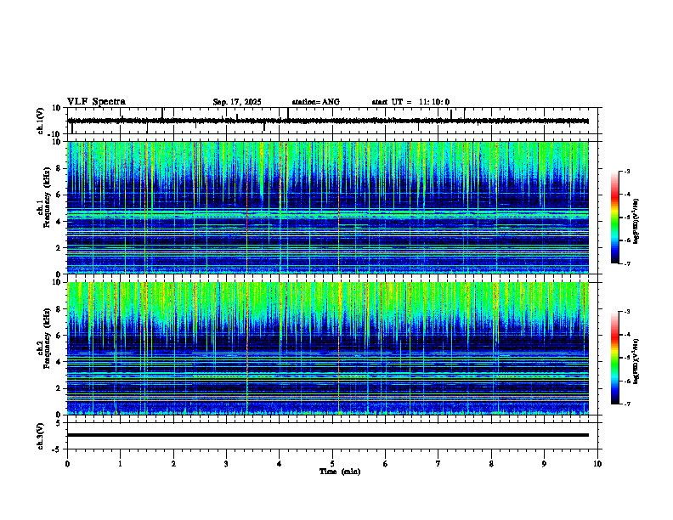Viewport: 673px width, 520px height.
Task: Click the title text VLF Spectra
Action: [96, 101]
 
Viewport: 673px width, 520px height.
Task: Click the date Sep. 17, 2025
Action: [237, 102]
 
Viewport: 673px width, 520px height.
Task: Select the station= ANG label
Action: [315, 102]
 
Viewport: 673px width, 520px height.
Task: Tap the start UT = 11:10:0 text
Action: [410, 102]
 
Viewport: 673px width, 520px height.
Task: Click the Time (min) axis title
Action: [339, 471]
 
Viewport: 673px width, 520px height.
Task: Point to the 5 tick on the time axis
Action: [332, 463]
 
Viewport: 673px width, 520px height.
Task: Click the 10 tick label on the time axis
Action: [597, 463]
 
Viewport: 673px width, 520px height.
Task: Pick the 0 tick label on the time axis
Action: [67, 463]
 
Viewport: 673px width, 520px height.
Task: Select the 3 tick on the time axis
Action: [226, 463]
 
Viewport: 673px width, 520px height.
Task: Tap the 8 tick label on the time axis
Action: [491, 463]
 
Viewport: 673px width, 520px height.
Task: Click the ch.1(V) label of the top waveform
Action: [41, 121]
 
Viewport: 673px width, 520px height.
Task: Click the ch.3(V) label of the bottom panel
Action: [41, 434]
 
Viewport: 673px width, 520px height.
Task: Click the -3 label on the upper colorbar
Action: [626, 172]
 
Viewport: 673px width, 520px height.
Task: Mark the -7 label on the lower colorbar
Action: [626, 404]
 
